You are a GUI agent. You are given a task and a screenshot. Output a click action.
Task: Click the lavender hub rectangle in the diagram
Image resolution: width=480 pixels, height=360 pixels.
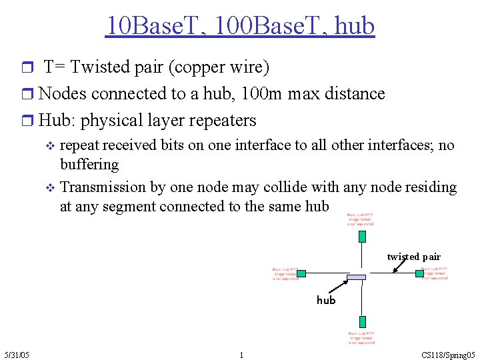(x=357, y=277)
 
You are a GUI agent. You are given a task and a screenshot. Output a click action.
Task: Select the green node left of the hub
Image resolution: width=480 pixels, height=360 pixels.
(x=301, y=273)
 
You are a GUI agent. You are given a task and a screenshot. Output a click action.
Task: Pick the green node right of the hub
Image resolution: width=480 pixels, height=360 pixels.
(x=420, y=273)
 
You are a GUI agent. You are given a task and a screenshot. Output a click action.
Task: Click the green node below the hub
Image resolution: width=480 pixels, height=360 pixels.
(x=362, y=321)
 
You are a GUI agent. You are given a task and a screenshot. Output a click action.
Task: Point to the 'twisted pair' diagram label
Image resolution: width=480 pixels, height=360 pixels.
(x=413, y=257)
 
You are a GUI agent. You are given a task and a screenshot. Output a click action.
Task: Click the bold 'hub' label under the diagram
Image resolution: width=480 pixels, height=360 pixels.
(x=326, y=300)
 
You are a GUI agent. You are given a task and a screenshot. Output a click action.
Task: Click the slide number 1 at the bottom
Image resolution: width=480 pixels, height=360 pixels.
(x=241, y=355)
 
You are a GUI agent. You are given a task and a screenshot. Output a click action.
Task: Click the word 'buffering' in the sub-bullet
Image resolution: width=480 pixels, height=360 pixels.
(x=89, y=164)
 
